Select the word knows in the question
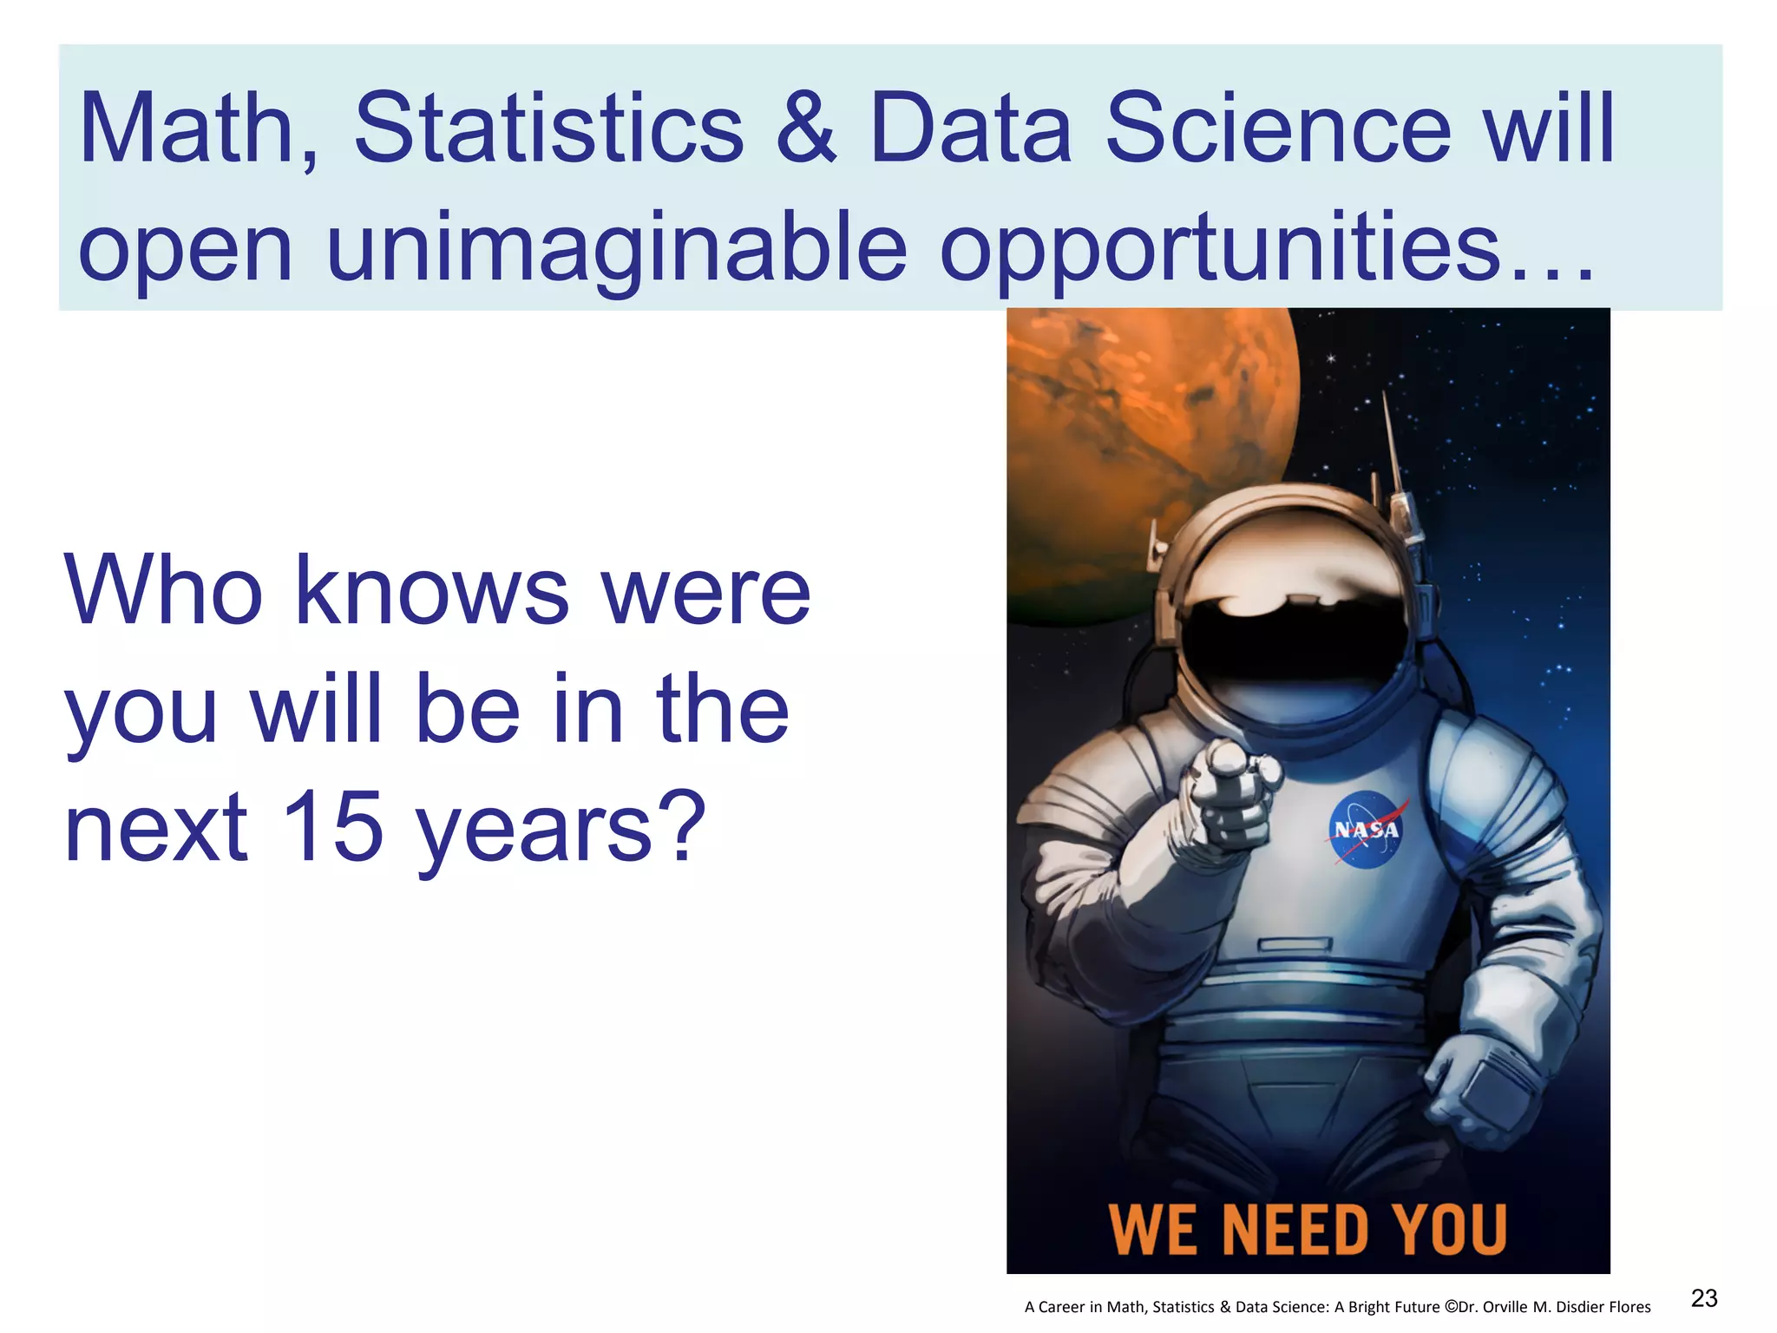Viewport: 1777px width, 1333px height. (432, 591)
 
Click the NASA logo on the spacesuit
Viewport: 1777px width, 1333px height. (1366, 830)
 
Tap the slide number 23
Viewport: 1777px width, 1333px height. (1704, 1298)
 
